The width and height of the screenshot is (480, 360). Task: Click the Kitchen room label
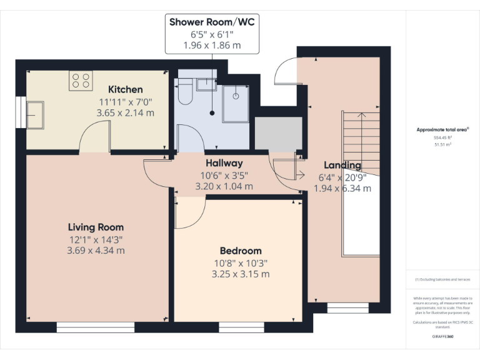coord(125,89)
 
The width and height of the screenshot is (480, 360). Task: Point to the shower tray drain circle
coord(236,96)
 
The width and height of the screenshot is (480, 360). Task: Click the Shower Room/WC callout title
coord(212,22)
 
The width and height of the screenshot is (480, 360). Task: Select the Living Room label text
coord(96,227)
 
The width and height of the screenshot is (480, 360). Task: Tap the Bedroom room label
coord(241,251)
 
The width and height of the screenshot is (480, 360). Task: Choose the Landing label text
coord(342,165)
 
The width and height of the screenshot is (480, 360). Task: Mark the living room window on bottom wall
coord(95,327)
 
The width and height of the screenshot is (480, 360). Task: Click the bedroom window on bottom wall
coord(241,327)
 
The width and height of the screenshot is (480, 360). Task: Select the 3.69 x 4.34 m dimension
coord(96,250)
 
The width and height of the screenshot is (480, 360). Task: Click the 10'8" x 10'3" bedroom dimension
coord(241,262)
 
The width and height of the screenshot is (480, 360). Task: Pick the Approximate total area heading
coord(442,130)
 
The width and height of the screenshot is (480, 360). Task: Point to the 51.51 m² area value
coord(442,144)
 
